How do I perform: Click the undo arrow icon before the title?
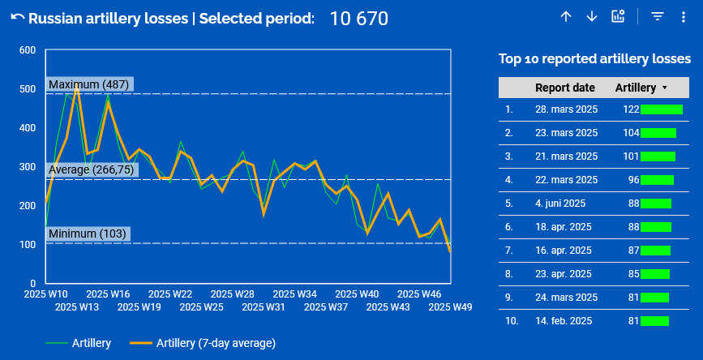point(17,18)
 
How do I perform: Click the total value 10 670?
point(358,18)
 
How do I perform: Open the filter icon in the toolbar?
point(658,17)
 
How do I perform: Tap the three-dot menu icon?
point(683,17)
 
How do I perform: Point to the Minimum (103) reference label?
point(88,234)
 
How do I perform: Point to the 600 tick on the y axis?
point(27,50)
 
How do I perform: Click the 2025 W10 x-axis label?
point(45,294)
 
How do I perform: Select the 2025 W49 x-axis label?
point(450,307)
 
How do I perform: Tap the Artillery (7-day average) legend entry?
point(216,343)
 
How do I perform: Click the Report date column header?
point(564,88)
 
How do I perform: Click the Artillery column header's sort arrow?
point(665,88)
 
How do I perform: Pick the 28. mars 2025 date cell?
point(566,109)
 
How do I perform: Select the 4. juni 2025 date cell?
point(560,204)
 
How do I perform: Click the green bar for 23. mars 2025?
point(658,132)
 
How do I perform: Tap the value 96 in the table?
point(633,180)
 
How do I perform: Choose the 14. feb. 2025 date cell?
point(564,321)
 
